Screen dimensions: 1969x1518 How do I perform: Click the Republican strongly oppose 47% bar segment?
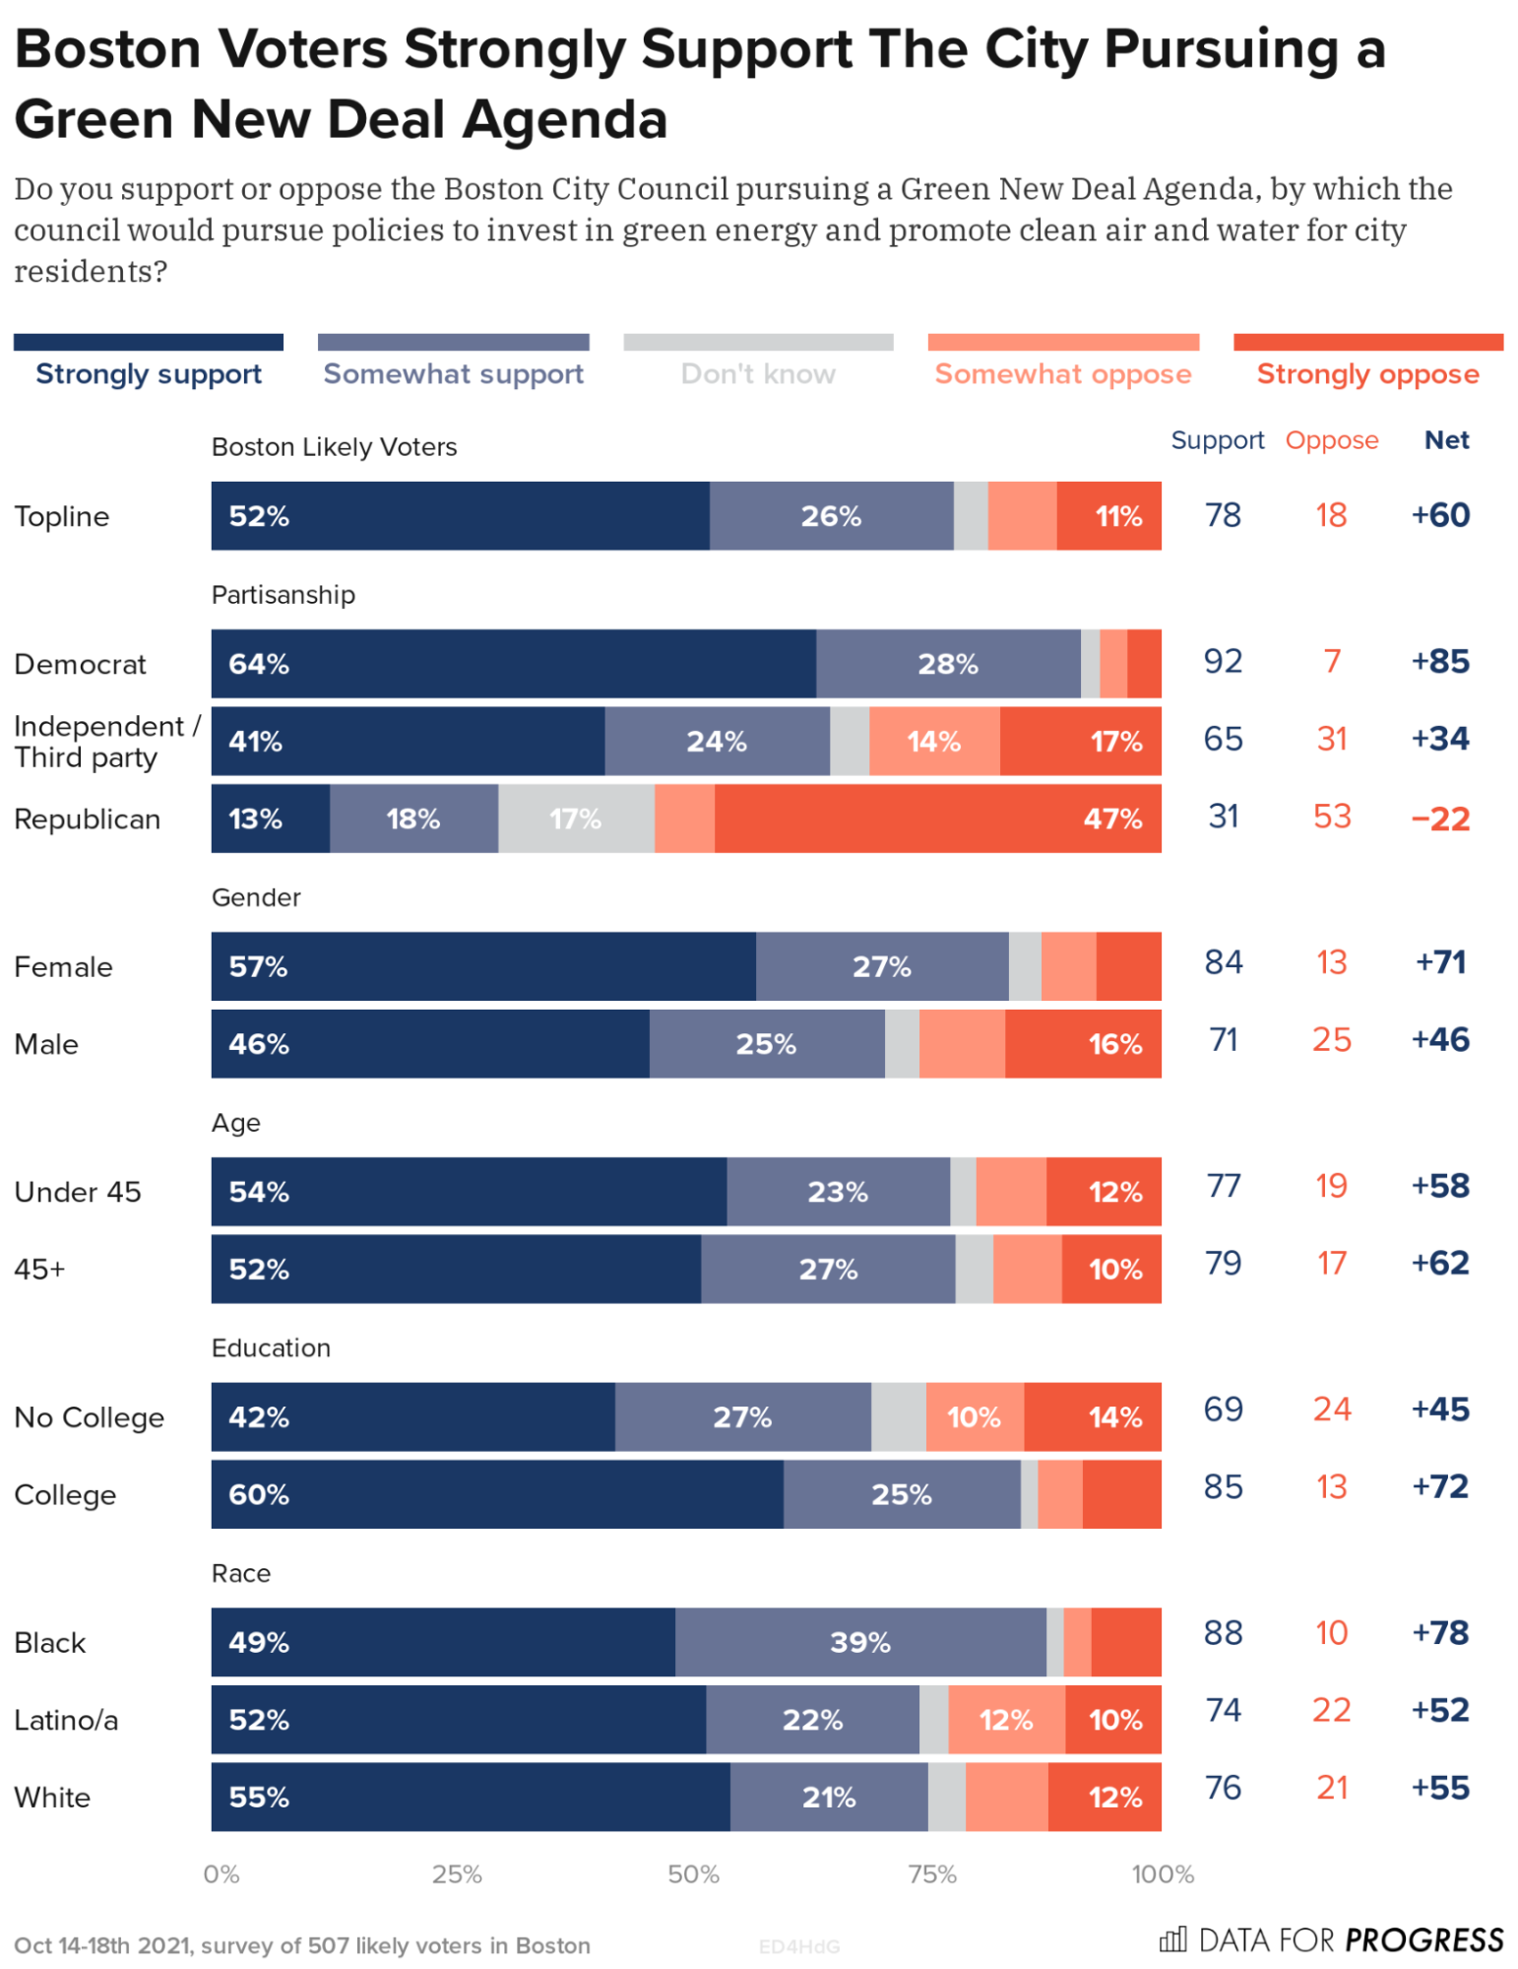[x=937, y=819]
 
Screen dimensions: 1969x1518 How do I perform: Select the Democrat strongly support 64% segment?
[x=513, y=664]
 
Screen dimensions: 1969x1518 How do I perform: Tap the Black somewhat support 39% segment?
[x=860, y=1642]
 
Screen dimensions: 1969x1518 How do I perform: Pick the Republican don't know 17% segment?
[x=576, y=819]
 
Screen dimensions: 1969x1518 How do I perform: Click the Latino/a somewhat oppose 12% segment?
[x=1006, y=1720]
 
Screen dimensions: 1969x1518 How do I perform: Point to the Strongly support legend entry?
[x=149, y=374]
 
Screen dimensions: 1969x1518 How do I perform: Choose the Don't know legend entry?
[x=758, y=374]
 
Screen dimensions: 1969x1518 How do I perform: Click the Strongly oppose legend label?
[x=1367, y=374]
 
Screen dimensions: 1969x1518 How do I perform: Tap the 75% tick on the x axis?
[x=932, y=1873]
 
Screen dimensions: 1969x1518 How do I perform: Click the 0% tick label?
[x=221, y=1873]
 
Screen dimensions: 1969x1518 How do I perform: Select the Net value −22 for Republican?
[x=1440, y=819]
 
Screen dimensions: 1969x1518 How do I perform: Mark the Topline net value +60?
[x=1440, y=515]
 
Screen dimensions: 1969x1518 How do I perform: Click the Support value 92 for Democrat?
[x=1223, y=661]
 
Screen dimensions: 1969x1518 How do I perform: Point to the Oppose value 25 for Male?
[x=1331, y=1040]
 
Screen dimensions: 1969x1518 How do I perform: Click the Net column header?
[x=1446, y=440]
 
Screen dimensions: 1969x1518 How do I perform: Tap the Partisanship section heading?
[x=284, y=595]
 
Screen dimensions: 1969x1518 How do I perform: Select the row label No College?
[x=90, y=1417]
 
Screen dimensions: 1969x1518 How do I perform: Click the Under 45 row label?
[x=78, y=1192]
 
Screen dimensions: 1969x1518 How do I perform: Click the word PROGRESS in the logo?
[x=1423, y=1940]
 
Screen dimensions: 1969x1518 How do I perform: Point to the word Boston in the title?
[x=107, y=49]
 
